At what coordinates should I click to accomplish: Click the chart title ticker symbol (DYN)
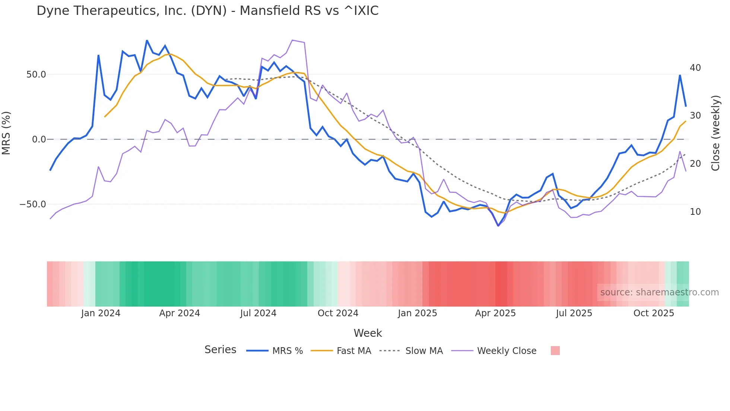(209, 10)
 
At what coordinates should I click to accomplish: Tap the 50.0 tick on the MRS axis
(36, 74)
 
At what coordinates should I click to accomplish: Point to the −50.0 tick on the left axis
(33, 204)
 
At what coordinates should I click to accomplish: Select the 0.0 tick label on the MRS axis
(39, 139)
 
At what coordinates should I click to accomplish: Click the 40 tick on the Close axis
(695, 68)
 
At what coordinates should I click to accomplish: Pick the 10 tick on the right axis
(695, 211)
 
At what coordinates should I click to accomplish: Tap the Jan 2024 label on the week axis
(101, 313)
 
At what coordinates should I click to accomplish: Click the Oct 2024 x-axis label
(338, 313)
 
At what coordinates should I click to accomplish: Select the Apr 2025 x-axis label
(495, 313)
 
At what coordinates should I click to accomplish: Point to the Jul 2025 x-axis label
(574, 313)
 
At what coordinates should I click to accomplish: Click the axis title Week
(368, 333)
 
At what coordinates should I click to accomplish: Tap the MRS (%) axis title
(6, 133)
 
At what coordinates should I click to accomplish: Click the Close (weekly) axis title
(715, 133)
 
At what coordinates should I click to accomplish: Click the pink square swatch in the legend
(555, 351)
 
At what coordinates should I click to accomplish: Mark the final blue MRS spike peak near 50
(680, 75)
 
